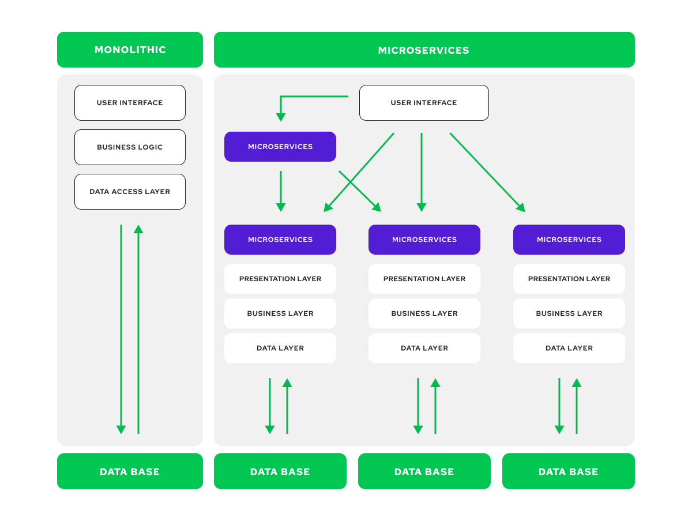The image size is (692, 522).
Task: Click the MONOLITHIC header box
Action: pos(130,50)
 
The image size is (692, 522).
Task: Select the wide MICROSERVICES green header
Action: pos(424,50)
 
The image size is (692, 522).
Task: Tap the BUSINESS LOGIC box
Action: pos(130,147)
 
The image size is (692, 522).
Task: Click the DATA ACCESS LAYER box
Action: pos(130,192)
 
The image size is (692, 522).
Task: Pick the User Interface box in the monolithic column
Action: pos(130,103)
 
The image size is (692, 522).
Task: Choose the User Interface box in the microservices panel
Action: pos(424,103)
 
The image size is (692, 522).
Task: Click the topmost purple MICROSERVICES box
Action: pos(280,147)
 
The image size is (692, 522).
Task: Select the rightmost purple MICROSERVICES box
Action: pos(569,240)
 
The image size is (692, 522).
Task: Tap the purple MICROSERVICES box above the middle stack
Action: pos(424,240)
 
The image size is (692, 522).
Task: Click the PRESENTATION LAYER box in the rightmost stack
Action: pos(569,279)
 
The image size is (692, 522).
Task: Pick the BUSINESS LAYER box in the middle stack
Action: pos(424,314)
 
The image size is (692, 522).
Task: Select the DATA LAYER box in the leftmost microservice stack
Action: pos(280,348)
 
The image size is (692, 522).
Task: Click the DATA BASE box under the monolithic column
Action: pos(130,471)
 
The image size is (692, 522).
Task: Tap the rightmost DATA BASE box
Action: pos(568,471)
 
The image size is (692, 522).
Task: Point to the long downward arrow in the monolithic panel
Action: pos(121,329)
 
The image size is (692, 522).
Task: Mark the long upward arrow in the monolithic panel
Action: pos(138,329)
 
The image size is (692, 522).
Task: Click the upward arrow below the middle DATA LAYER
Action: pos(435,407)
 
